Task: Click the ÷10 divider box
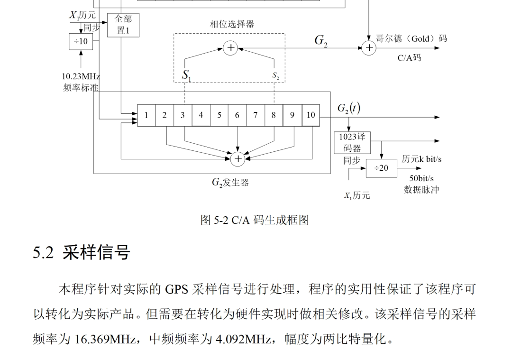pos(81,42)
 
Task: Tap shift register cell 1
pos(146,115)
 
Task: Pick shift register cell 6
pos(237,115)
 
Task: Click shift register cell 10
pos(311,115)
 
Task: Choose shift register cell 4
pos(201,115)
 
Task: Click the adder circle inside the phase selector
pos(230,48)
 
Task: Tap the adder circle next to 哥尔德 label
pos(369,48)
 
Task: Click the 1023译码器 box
pos(352,142)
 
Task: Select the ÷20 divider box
pos(381,168)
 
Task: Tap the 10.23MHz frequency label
pos(81,76)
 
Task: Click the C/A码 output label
pos(409,58)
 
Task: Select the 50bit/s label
pos(421,179)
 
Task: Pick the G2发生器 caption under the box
pos(230,183)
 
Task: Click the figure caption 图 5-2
pos(255,220)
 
